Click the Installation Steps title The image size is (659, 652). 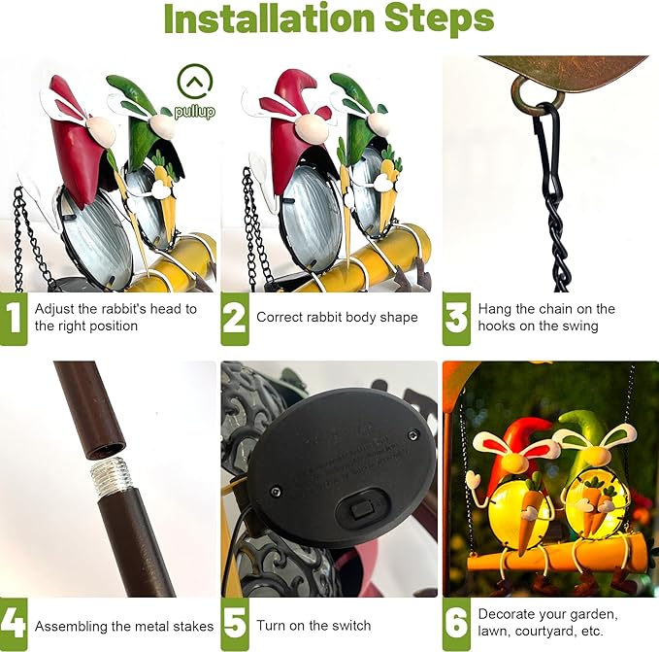pos(329,21)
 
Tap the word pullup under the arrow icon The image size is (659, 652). pos(195,112)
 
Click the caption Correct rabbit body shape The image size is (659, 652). pos(337,318)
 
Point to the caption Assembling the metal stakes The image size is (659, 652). pos(124,627)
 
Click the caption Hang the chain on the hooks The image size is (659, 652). pos(546,318)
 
